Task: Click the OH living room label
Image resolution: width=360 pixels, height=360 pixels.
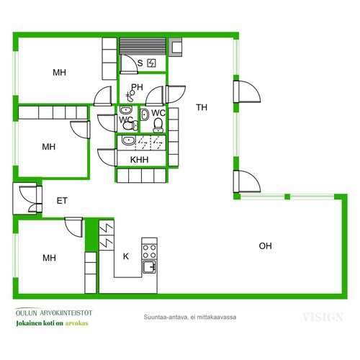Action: [265, 246]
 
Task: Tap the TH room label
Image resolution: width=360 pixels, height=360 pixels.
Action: [202, 107]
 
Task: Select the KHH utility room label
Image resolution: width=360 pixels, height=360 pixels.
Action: [139, 160]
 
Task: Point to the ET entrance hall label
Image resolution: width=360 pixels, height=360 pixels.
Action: [62, 201]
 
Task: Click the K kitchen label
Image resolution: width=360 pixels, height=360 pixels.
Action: [126, 256]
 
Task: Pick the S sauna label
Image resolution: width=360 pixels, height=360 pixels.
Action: [140, 63]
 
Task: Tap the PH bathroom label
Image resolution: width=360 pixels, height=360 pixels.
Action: [137, 87]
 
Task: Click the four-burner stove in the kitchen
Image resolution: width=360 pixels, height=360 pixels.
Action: [149, 251]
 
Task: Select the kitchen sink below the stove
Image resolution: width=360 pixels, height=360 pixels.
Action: [149, 266]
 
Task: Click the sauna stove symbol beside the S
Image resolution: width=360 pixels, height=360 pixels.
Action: [151, 63]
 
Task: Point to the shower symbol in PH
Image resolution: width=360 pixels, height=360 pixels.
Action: [130, 96]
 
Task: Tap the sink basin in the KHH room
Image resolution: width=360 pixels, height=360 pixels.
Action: [128, 140]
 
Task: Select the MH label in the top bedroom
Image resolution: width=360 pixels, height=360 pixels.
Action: [59, 72]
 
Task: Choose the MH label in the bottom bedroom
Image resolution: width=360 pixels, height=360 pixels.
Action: [49, 258]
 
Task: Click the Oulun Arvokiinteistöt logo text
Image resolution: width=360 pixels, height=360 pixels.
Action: [54, 312]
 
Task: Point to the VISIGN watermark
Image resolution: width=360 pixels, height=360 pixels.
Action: [323, 318]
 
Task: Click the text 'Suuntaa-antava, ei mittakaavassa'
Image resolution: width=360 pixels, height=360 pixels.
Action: [190, 317]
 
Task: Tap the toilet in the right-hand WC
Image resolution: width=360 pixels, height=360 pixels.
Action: [158, 125]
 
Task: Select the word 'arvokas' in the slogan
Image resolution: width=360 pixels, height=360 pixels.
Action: [76, 323]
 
